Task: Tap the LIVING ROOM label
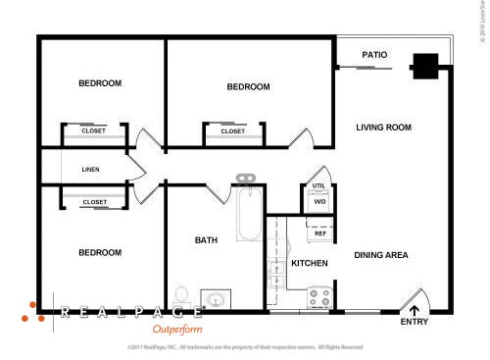(x=383, y=128)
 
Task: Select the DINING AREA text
(x=381, y=255)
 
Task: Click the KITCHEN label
(x=310, y=264)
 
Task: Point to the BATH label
(x=206, y=240)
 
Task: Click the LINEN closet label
(x=90, y=169)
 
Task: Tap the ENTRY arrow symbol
(x=416, y=311)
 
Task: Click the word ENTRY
(x=415, y=323)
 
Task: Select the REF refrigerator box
(x=319, y=232)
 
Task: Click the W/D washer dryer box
(x=319, y=202)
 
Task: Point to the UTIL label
(x=318, y=185)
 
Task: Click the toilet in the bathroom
(x=180, y=293)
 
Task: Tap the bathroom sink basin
(x=217, y=299)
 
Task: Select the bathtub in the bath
(x=247, y=219)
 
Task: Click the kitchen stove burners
(x=318, y=295)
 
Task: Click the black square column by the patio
(x=425, y=66)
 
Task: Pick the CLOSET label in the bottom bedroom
(x=95, y=202)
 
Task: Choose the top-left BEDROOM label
(x=100, y=83)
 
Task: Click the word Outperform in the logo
(x=176, y=330)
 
